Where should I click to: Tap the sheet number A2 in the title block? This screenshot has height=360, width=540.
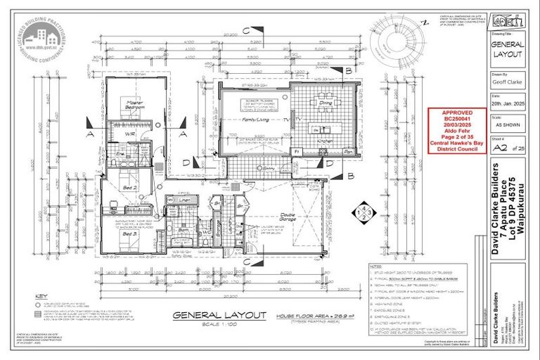point(499,148)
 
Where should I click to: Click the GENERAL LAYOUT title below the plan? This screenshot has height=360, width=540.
point(210,315)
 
